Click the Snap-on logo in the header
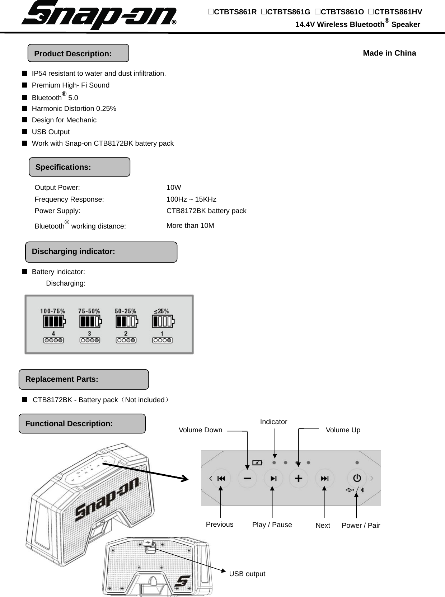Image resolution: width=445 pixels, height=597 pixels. (x=99, y=15)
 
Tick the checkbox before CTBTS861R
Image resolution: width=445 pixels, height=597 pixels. (x=211, y=12)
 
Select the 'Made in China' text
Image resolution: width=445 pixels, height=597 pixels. (x=389, y=53)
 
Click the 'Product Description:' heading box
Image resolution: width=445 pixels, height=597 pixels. (x=78, y=53)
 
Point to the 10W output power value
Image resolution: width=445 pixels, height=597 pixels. (x=174, y=187)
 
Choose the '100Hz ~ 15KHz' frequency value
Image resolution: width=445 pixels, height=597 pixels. (x=191, y=199)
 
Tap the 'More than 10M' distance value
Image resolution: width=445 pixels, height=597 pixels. (x=190, y=225)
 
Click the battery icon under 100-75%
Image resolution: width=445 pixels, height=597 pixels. (x=54, y=321)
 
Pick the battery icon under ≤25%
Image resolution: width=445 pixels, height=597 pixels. (x=163, y=321)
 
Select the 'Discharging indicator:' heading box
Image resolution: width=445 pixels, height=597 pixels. (x=101, y=252)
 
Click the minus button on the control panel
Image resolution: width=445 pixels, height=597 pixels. (x=247, y=478)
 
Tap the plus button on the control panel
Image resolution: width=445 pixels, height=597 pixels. (x=299, y=478)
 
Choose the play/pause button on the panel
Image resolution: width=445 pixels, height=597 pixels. (x=273, y=478)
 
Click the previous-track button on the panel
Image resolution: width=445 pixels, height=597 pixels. (x=221, y=478)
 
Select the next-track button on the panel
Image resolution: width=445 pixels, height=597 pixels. (x=324, y=478)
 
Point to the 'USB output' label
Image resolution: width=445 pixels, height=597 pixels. (x=247, y=574)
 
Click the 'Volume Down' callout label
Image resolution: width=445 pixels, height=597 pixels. (x=200, y=430)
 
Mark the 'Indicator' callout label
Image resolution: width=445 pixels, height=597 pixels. (x=273, y=422)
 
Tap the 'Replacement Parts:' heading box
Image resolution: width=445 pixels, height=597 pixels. (x=84, y=379)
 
